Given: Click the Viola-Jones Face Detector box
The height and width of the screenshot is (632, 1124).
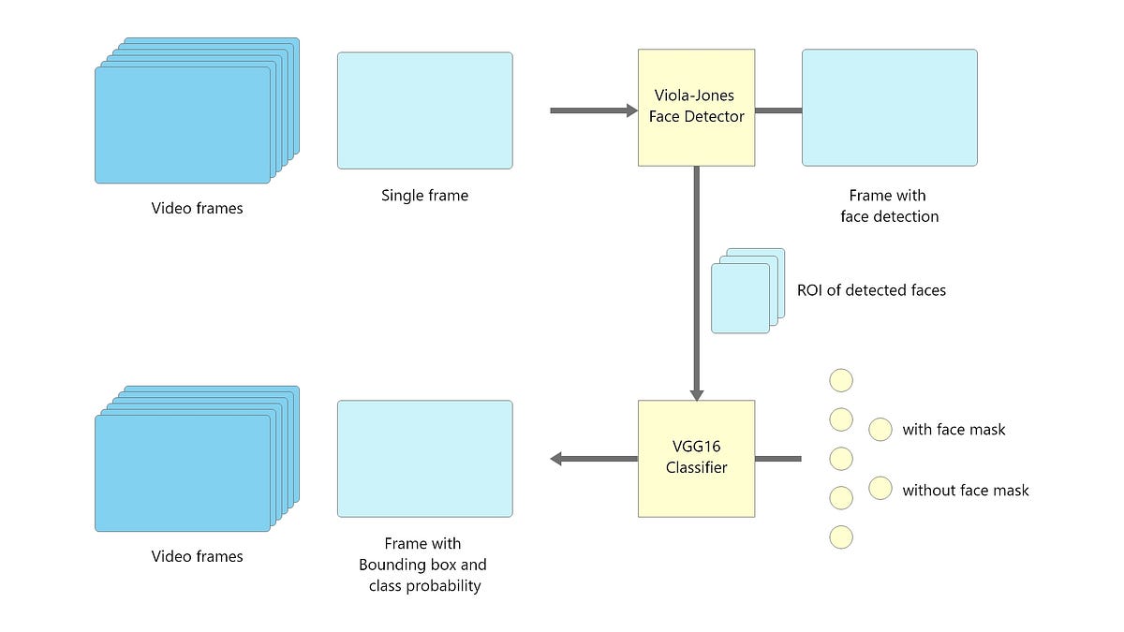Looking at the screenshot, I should click(x=696, y=108).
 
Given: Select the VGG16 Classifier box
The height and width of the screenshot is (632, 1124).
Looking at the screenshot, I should click(x=696, y=459).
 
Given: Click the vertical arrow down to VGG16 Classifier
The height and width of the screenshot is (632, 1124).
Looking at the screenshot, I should click(x=696, y=281).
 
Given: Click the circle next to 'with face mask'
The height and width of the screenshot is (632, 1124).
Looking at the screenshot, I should click(x=880, y=430).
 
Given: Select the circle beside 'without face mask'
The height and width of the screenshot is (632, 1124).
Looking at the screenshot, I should click(x=880, y=489).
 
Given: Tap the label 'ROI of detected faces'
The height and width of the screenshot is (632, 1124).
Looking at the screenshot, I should click(x=871, y=290).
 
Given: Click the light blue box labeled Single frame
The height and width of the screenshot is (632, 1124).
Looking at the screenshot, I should click(x=424, y=110).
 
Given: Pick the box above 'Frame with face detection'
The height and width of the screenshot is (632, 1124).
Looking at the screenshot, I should click(x=889, y=108).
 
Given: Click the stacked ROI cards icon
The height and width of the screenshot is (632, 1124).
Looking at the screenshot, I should click(x=746, y=291).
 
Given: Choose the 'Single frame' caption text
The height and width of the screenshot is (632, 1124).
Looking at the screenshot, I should click(x=424, y=196).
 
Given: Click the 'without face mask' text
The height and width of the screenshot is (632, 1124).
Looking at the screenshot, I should click(x=965, y=490).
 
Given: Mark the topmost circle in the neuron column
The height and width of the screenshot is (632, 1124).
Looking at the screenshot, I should click(x=841, y=380).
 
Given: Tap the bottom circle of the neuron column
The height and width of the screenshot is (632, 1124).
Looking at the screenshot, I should click(x=841, y=536).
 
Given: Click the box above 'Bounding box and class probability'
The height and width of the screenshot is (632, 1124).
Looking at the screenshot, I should click(x=424, y=459).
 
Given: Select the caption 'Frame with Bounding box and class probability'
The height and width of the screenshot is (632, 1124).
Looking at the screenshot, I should click(x=422, y=565).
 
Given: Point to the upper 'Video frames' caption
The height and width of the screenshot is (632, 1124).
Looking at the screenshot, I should click(x=197, y=208).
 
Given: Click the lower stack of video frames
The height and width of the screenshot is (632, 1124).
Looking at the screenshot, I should click(x=187, y=468).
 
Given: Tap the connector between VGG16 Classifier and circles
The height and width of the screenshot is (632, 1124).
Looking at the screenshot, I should click(x=777, y=459).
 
